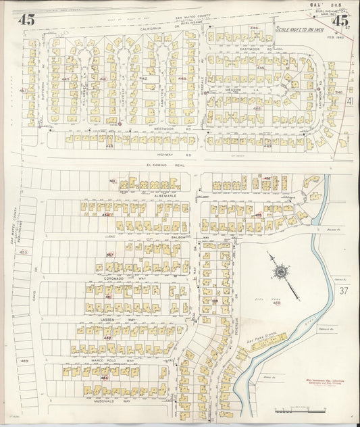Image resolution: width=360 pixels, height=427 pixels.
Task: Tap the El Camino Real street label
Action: coord(158,166)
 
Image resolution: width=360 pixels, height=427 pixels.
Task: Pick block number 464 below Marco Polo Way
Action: coord(104,378)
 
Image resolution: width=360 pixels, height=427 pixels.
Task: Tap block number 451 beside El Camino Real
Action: coord(113,180)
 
